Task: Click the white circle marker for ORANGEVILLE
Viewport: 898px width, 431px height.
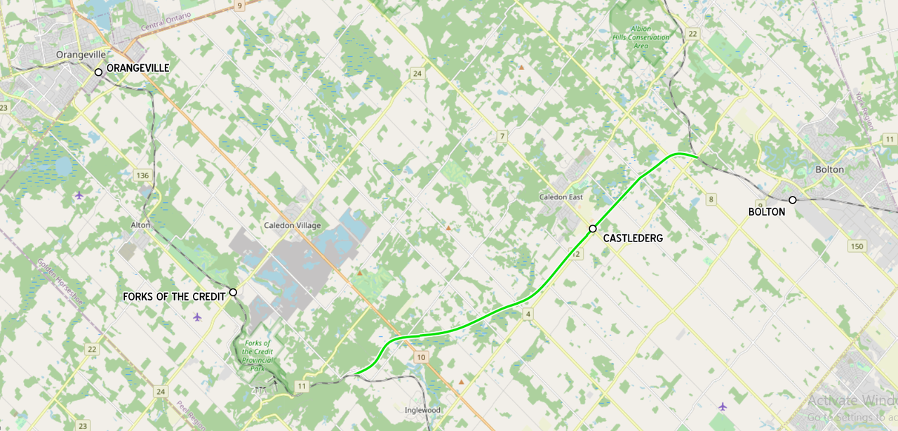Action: click(99, 72)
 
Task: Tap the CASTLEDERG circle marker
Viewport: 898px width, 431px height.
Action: click(593, 229)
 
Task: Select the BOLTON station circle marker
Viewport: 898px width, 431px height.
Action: click(793, 200)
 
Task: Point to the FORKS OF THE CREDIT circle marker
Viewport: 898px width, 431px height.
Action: click(233, 292)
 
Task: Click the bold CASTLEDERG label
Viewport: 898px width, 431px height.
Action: click(632, 239)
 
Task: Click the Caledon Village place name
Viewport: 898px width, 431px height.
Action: click(292, 225)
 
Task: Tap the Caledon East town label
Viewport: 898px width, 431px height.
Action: click(561, 197)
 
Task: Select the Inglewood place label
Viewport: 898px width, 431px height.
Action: click(422, 410)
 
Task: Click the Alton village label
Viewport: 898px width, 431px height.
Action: click(140, 225)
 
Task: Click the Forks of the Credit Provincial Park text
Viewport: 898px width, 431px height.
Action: click(257, 355)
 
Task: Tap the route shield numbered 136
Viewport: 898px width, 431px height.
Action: click(143, 175)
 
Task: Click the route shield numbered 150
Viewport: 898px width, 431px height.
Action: click(857, 246)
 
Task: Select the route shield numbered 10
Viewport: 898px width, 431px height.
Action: click(420, 358)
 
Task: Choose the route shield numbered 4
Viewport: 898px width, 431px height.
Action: click(528, 314)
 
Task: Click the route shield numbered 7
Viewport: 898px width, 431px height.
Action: click(502, 136)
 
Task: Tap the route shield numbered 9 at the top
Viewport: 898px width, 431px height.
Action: click(240, 6)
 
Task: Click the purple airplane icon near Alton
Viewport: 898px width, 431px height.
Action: click(79, 194)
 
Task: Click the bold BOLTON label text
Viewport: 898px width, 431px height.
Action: click(766, 211)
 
